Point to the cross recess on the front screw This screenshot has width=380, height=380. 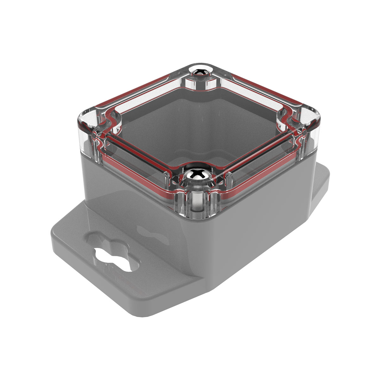point(196,174)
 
